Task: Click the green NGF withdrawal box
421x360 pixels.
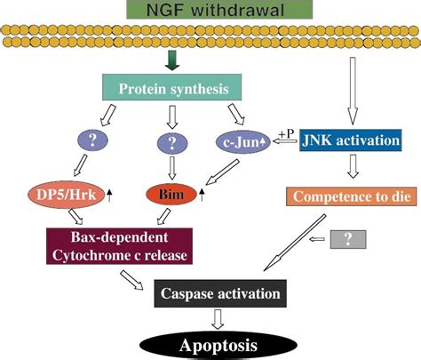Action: click(x=210, y=11)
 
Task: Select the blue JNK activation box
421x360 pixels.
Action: click(x=351, y=140)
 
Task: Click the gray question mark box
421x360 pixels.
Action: click(x=345, y=239)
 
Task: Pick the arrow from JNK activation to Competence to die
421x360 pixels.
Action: click(x=352, y=167)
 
